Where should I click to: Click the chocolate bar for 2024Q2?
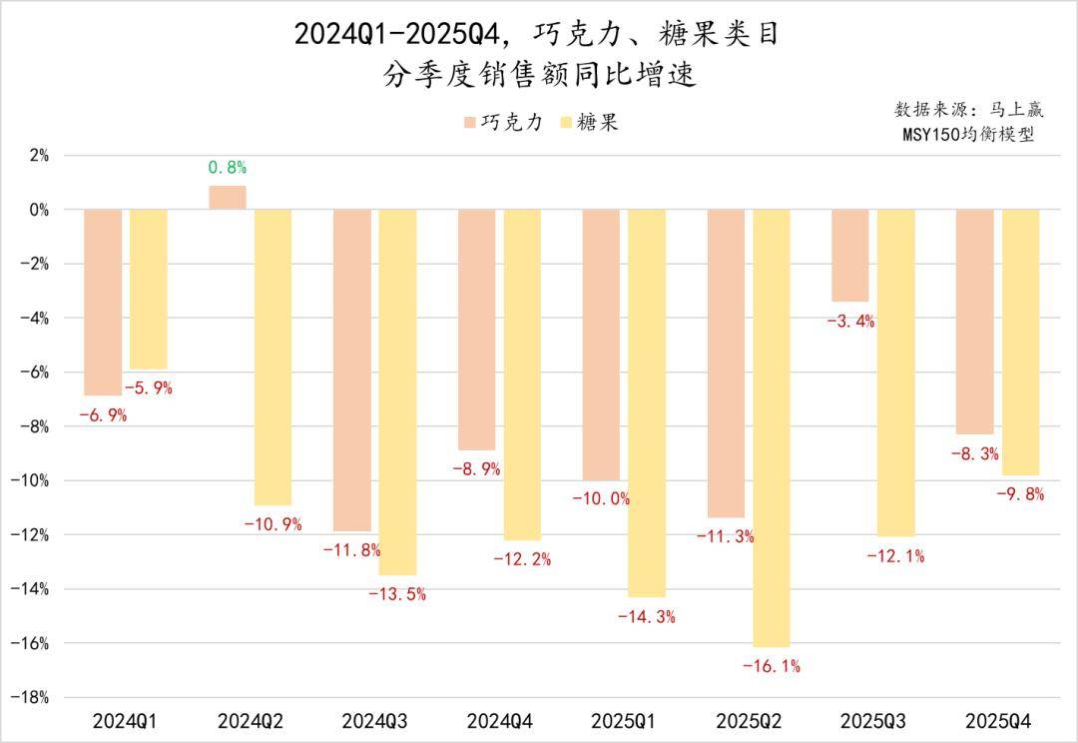[x=227, y=198]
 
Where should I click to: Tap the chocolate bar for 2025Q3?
[x=850, y=256]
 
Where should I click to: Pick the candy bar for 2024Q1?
[x=148, y=290]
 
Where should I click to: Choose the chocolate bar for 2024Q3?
[x=351, y=370]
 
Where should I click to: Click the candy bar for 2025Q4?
[x=1020, y=342]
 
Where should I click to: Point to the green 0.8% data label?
[x=227, y=168]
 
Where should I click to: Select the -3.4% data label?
[x=850, y=321]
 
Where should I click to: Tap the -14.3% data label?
[x=646, y=617]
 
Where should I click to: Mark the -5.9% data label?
[x=148, y=388]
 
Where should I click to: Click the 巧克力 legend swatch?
[x=469, y=123]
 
